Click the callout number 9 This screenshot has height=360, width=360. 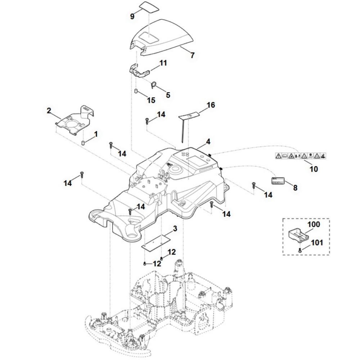click(x=132, y=17)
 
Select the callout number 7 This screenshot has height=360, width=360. click(x=192, y=55)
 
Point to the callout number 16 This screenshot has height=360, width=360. click(x=211, y=105)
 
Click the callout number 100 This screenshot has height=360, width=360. click(x=313, y=224)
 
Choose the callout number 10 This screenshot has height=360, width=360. click(x=314, y=168)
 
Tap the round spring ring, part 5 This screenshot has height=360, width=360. click(x=154, y=85)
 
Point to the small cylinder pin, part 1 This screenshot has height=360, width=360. click(x=82, y=143)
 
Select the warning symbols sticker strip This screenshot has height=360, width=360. click(x=301, y=156)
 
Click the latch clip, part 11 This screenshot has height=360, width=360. click(x=139, y=70)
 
